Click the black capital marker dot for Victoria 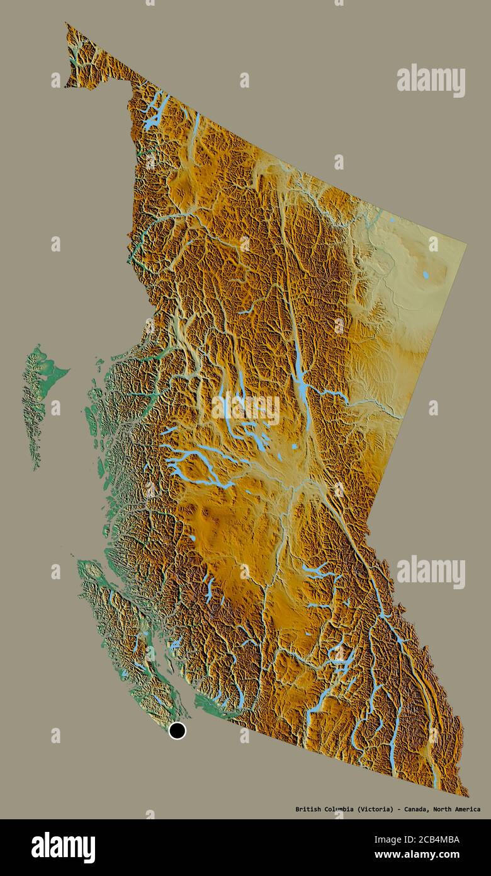coord(178,730)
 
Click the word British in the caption coord(308,809)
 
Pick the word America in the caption coord(466,809)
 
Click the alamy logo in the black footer coord(63,847)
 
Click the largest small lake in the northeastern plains coord(426,275)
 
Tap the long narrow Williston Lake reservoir coord(301,378)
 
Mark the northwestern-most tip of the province coord(66,25)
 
